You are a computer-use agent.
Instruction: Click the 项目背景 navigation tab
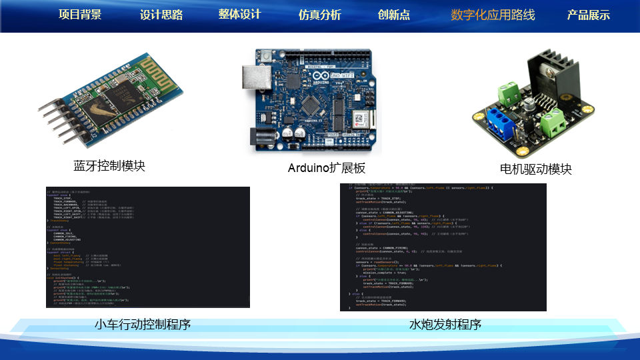80,15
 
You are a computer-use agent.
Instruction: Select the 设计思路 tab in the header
161,15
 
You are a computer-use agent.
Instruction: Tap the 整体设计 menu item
239,14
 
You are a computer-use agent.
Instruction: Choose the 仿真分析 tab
320,15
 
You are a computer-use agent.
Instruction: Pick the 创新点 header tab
394,15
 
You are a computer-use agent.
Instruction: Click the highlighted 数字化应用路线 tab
493,15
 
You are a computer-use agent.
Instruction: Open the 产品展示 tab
588,15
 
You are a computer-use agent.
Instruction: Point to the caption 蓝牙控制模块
109,165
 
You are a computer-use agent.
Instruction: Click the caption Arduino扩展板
327,168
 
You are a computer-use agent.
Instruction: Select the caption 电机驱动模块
536,169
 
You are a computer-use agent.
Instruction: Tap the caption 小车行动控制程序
143,325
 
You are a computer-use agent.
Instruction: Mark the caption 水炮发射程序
445,325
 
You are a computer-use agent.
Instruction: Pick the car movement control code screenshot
147,247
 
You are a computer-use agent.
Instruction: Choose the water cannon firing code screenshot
443,247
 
